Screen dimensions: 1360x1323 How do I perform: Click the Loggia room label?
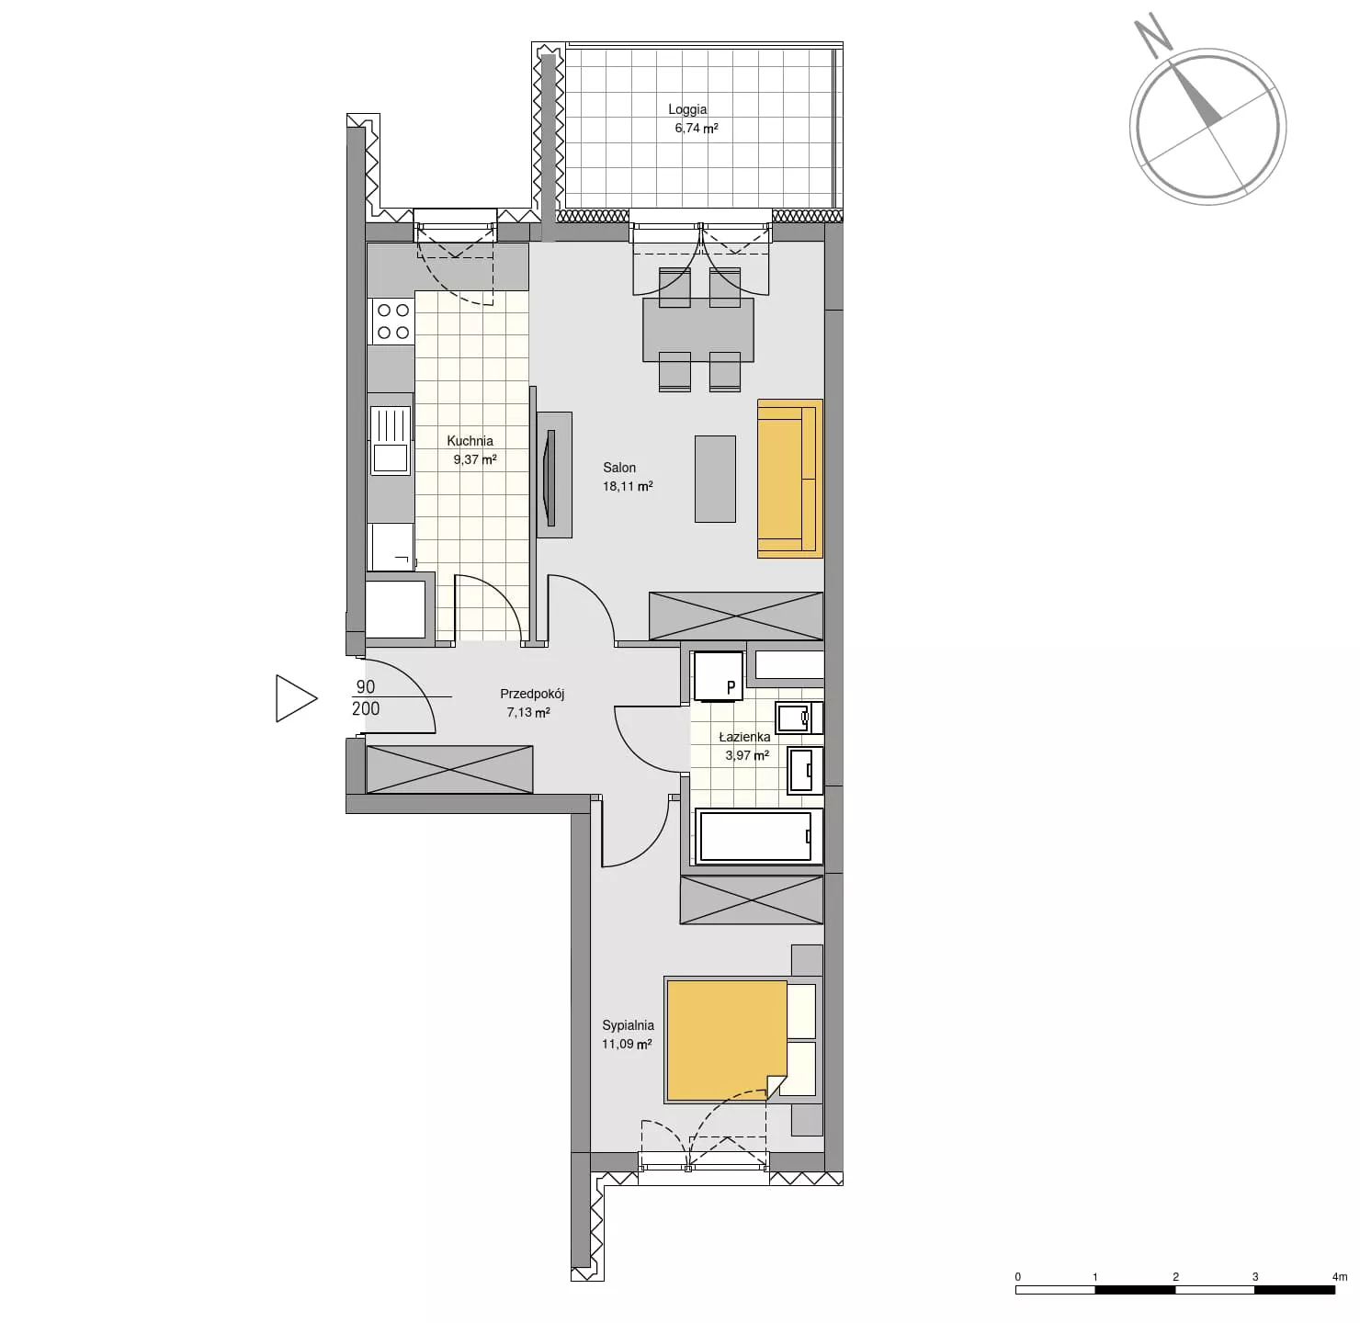click(x=687, y=109)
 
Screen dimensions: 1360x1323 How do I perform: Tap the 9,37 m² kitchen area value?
click(x=475, y=459)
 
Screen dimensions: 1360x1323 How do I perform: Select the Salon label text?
click(x=619, y=468)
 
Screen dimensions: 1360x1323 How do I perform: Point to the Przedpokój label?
click(x=532, y=694)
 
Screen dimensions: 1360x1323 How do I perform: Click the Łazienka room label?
click(x=745, y=737)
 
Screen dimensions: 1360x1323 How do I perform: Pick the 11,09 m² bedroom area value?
click(x=627, y=1044)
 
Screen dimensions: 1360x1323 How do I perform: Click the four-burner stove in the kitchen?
click(x=392, y=321)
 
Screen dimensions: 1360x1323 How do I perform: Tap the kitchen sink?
click(x=390, y=441)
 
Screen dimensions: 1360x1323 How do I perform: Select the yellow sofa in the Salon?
click(x=789, y=478)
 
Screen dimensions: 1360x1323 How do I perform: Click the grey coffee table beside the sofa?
click(x=715, y=479)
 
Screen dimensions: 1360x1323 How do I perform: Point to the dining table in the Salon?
click(x=698, y=330)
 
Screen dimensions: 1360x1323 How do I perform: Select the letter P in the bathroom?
click(x=731, y=688)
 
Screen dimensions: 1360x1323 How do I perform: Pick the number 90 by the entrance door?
click(x=366, y=686)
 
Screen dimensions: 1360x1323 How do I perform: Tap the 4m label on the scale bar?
click(x=1339, y=1276)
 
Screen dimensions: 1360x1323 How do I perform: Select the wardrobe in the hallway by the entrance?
click(x=449, y=769)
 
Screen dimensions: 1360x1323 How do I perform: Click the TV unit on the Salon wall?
click(x=553, y=475)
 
